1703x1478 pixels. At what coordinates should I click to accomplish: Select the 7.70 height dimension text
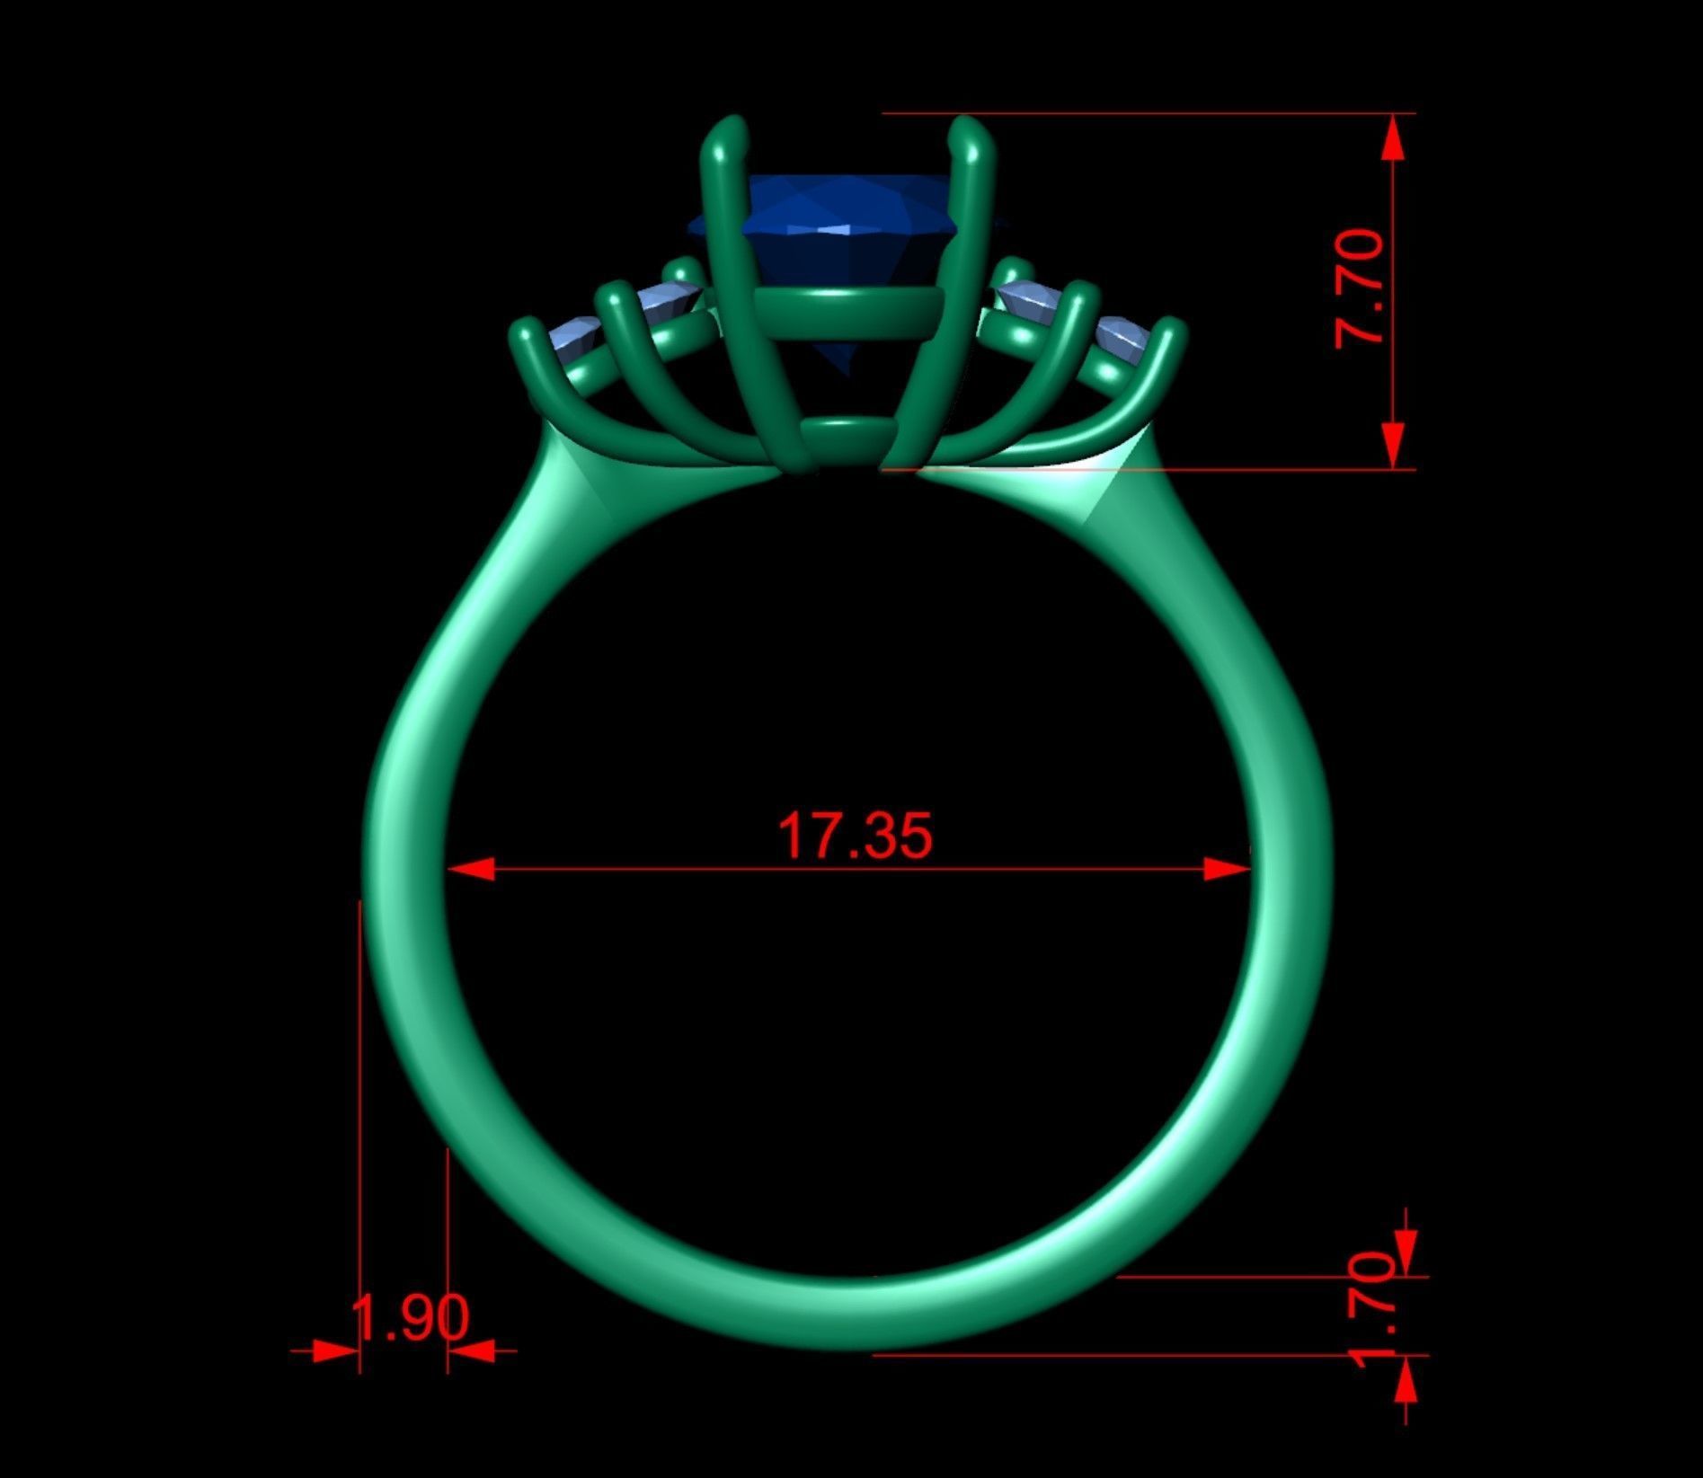point(1360,288)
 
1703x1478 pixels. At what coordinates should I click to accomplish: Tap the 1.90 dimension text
point(410,1317)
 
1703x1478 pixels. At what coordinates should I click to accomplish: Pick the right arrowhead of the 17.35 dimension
point(1226,869)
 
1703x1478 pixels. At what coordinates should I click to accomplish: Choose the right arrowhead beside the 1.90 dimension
point(471,1350)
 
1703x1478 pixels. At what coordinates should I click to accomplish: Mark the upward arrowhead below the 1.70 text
point(1406,1379)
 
